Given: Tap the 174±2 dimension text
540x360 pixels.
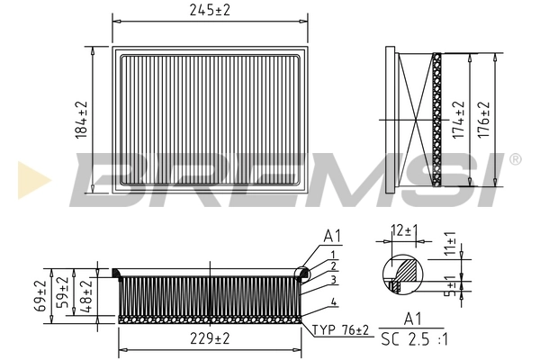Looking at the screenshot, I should [x=457, y=119].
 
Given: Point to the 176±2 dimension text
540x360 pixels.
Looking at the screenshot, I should [x=484, y=119].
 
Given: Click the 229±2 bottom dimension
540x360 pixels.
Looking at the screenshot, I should [x=210, y=339].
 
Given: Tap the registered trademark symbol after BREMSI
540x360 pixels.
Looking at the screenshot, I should [x=515, y=159].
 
